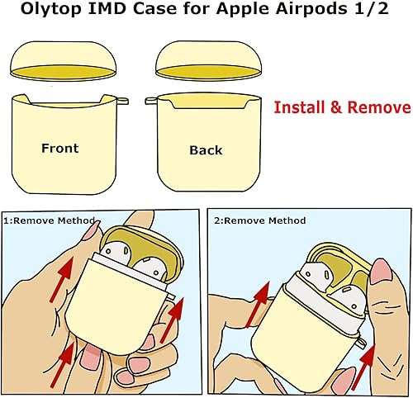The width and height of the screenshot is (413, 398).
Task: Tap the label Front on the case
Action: tap(60, 149)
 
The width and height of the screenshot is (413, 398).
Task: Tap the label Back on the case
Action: tap(206, 150)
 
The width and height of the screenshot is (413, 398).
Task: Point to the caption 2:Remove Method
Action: tap(259, 220)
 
